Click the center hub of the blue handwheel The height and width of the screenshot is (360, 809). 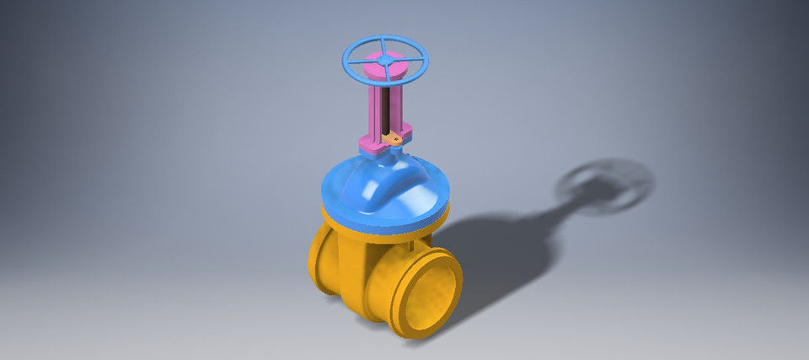(385, 61)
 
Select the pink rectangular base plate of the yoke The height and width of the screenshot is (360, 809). (371, 145)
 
